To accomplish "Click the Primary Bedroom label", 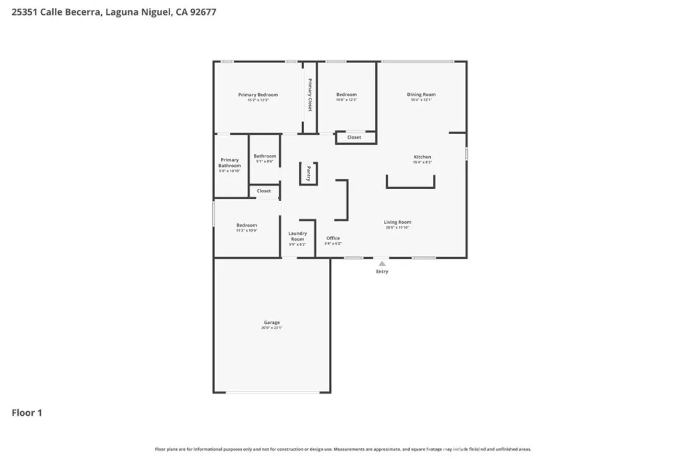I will (x=258, y=95).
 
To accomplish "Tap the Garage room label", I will (x=271, y=323).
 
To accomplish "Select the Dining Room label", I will (x=421, y=95).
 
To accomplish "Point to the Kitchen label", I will (x=422, y=157).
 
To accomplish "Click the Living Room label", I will (x=397, y=222).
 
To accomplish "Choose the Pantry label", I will (x=308, y=174).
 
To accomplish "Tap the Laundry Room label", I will (x=297, y=236).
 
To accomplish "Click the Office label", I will (x=333, y=238).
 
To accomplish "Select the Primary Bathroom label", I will (x=230, y=162).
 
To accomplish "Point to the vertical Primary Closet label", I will (x=310, y=95).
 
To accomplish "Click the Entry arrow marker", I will (x=381, y=264).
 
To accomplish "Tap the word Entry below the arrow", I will (x=382, y=272).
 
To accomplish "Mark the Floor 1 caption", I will (x=27, y=413).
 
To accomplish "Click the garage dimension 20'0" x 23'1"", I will (x=271, y=328).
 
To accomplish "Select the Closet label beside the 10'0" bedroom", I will (x=354, y=137).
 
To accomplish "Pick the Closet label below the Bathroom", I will (x=264, y=191).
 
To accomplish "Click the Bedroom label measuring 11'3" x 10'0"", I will (x=247, y=225).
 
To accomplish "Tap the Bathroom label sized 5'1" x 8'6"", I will (x=265, y=156).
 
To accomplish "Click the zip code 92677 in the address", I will (x=202, y=12).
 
